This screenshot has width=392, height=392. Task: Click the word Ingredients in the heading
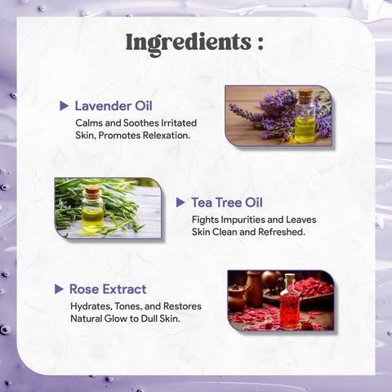click(189, 43)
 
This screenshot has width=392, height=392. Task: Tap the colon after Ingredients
click(261, 43)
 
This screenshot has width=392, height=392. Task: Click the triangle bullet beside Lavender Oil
click(64, 106)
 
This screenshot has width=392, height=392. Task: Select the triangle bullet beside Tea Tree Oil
click(180, 203)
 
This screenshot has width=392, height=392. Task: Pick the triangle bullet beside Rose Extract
click(59, 289)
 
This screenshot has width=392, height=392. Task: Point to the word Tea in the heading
click(202, 203)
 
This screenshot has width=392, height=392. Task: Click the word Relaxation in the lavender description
click(167, 136)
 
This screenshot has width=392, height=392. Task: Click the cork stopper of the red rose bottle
click(290, 278)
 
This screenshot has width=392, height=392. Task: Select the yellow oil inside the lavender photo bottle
click(305, 130)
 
